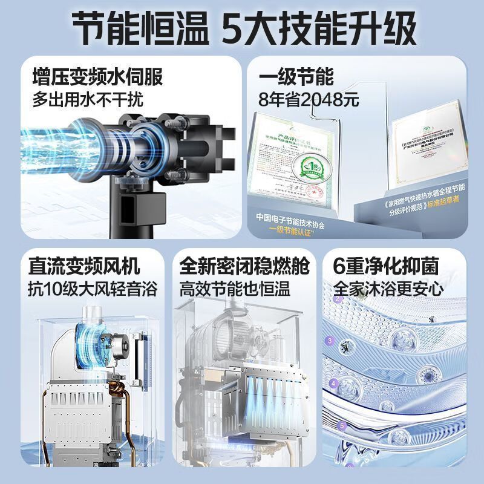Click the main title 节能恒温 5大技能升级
242,28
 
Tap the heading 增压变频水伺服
97,77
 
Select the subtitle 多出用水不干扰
88,99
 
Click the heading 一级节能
296,77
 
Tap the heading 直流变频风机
84,266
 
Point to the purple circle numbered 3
329,341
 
